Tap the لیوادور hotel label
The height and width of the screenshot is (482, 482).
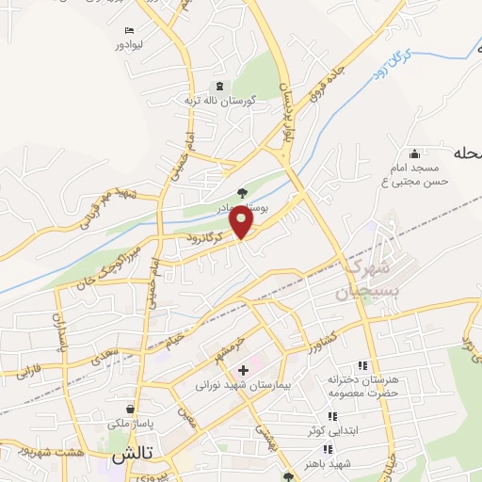tap(131, 44)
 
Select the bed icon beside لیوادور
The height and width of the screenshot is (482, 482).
tap(130, 29)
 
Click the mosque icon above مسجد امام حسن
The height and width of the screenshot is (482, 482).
tap(414, 153)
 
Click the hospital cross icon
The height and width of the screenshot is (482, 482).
tap(244, 369)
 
